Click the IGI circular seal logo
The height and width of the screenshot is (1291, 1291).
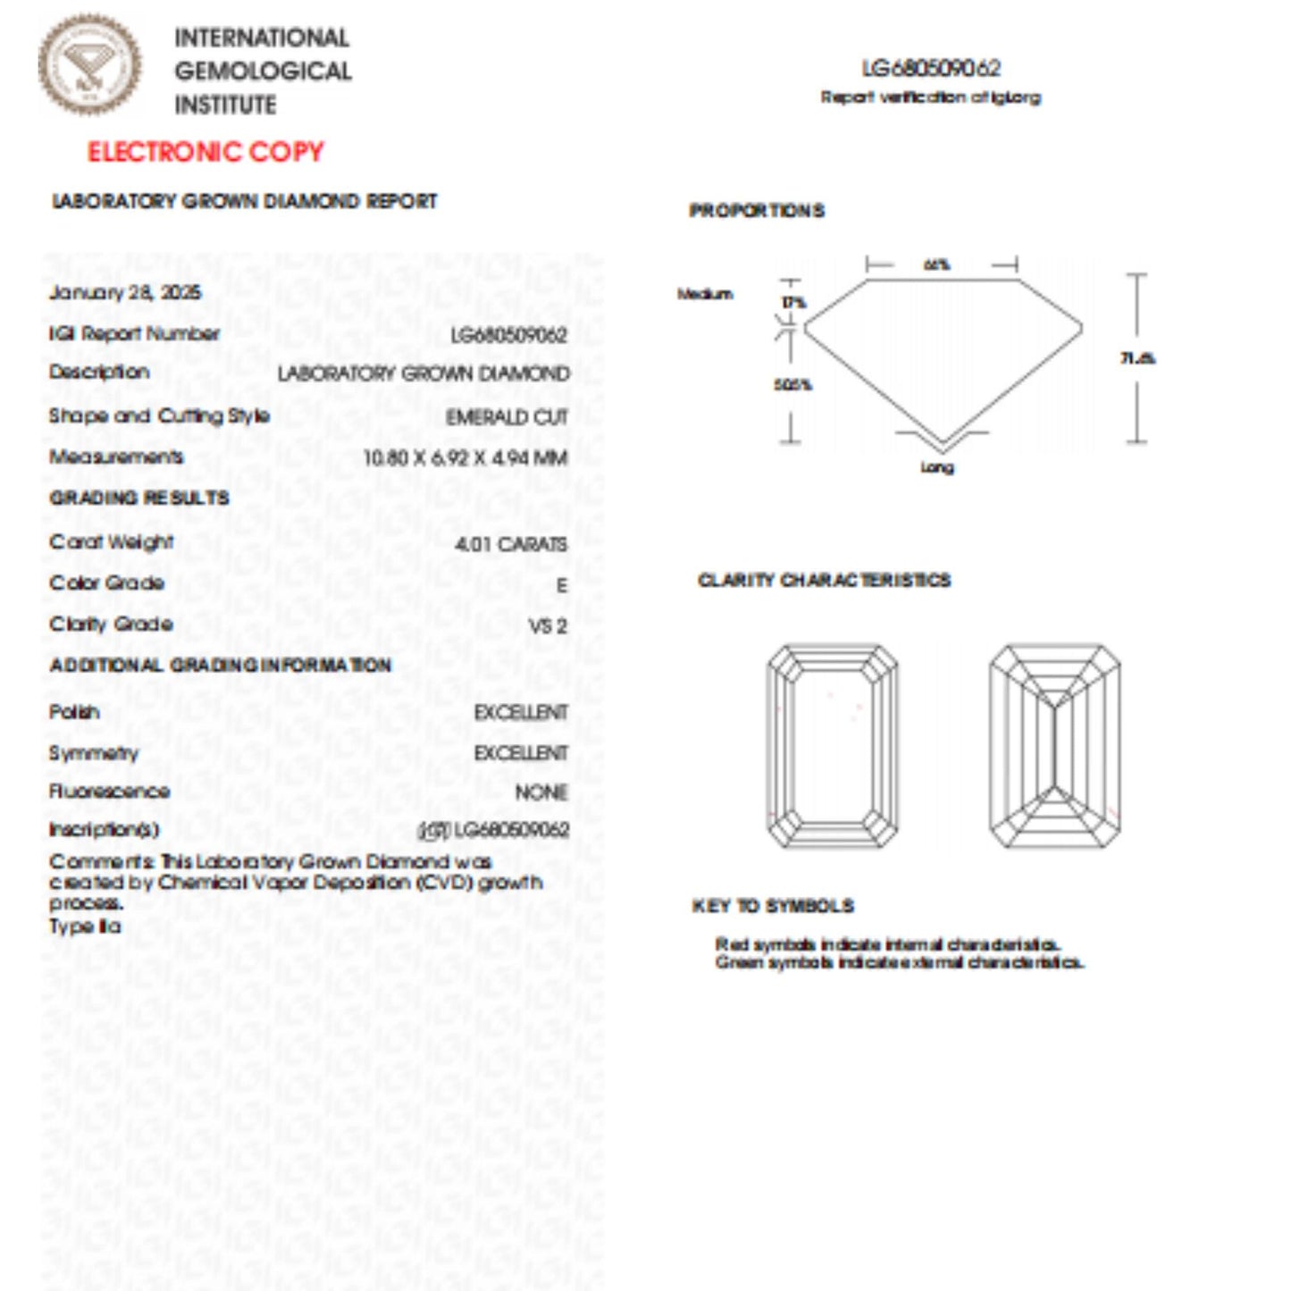click(x=89, y=64)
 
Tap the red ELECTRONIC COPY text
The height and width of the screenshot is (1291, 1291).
click(x=205, y=152)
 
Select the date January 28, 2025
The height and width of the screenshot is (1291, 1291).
click(x=125, y=293)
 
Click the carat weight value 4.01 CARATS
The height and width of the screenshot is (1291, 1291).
click(x=511, y=544)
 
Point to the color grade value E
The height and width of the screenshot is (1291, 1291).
click(x=561, y=585)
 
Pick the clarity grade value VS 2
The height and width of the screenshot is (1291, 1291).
click(x=547, y=626)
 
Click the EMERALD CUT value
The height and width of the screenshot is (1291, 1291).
click(x=507, y=417)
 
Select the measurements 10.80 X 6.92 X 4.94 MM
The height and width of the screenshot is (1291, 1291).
click(x=465, y=458)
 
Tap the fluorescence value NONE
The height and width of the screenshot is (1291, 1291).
click(x=541, y=792)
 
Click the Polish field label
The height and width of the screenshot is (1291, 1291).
click(x=74, y=712)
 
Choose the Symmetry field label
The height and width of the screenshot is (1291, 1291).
click(x=94, y=753)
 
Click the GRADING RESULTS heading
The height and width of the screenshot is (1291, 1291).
click(x=139, y=498)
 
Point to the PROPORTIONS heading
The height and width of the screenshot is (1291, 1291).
click(x=757, y=211)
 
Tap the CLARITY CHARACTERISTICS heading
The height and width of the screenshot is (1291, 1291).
click(x=824, y=581)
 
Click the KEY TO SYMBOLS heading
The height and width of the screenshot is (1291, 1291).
click(x=773, y=906)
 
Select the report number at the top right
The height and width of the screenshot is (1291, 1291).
click(x=931, y=69)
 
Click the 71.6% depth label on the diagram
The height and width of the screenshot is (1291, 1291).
click(x=1137, y=358)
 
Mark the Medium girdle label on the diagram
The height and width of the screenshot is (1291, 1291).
click(x=705, y=294)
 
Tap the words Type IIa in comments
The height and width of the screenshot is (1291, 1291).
click(x=85, y=926)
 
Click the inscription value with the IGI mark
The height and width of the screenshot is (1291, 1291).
click(x=494, y=830)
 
